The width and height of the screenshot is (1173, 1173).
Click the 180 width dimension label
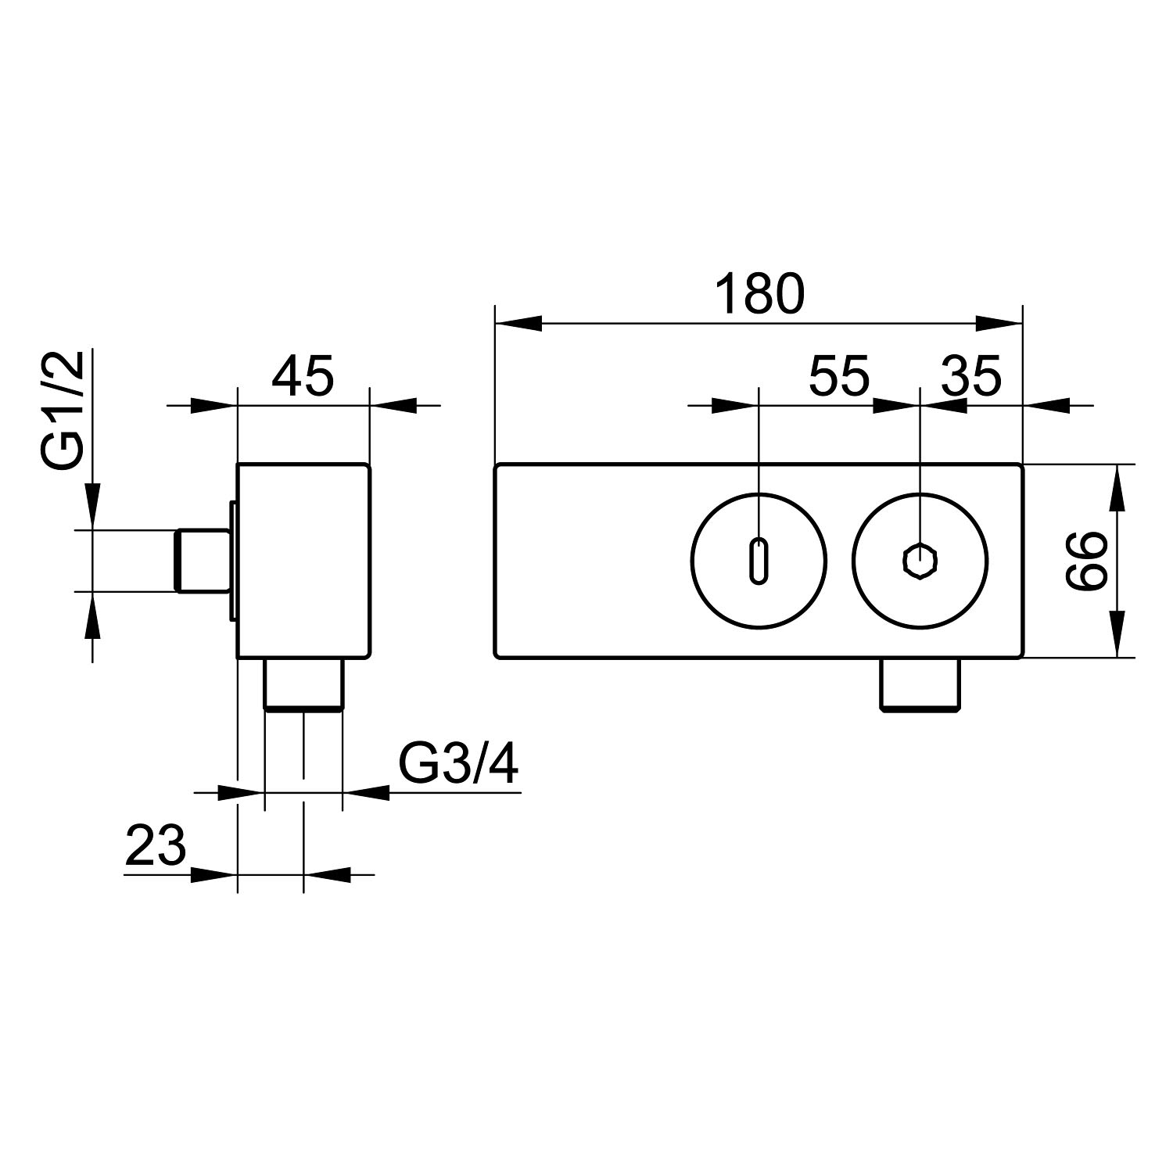(x=759, y=293)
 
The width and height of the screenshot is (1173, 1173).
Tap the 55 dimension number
(x=838, y=376)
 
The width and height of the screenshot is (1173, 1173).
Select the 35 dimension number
(x=970, y=376)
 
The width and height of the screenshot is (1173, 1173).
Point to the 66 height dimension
(x=1086, y=560)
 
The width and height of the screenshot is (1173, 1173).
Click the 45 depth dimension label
(x=303, y=376)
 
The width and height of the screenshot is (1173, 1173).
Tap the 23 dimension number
(x=155, y=845)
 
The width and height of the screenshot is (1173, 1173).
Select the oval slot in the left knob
(x=759, y=560)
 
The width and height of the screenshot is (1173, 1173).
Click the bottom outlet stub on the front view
(x=920, y=684)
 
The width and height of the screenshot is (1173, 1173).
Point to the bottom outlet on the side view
(x=303, y=685)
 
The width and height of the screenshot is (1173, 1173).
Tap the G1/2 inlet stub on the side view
(x=201, y=560)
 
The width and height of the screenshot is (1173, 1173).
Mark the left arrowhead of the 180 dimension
(x=518, y=322)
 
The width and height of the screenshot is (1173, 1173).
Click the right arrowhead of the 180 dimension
(x=1000, y=322)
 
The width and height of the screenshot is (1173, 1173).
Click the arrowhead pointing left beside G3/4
(x=366, y=792)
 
